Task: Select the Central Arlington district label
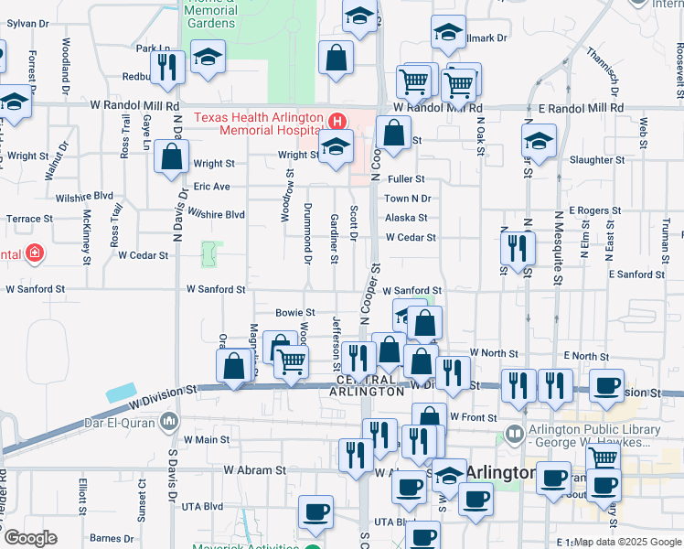click(370, 385)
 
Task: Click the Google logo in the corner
click(29, 538)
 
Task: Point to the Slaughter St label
click(596, 160)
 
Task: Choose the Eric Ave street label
click(211, 187)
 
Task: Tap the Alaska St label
click(406, 218)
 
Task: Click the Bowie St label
click(295, 313)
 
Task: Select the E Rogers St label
click(594, 210)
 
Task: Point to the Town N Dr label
click(407, 199)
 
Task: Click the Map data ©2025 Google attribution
click(627, 542)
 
